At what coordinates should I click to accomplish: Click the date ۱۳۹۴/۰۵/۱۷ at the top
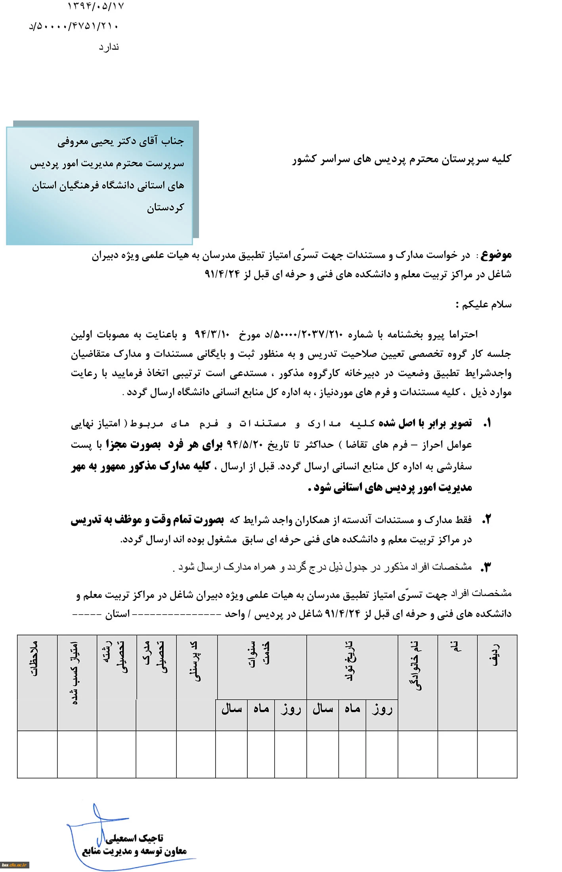tap(96, 6)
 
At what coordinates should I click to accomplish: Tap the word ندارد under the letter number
tap(109, 47)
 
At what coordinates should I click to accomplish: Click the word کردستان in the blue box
tap(165, 208)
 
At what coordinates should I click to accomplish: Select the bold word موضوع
tap(496, 255)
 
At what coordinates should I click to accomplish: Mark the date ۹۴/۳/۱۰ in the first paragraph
tap(212, 334)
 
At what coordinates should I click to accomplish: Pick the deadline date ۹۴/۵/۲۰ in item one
tap(245, 445)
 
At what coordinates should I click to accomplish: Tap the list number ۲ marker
tap(487, 519)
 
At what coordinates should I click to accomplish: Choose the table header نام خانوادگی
tap(418, 666)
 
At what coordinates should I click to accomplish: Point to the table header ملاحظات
tap(36, 658)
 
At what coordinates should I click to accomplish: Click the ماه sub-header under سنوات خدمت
tap(261, 709)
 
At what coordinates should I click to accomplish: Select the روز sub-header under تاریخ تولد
tap(382, 709)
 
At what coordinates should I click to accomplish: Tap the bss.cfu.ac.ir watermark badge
tap(14, 865)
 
